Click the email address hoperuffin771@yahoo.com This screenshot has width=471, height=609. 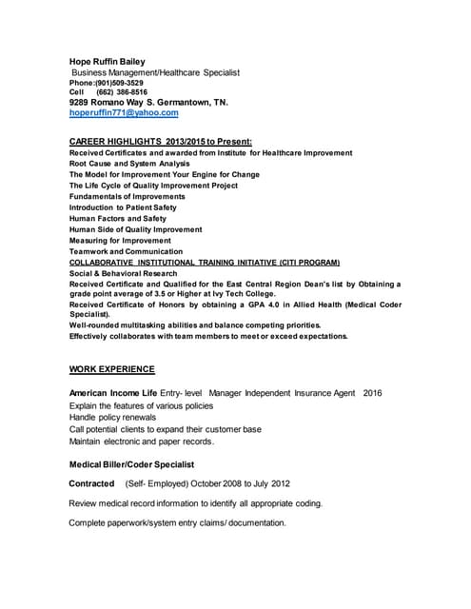click(124, 112)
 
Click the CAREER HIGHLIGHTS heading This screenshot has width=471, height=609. click(160, 141)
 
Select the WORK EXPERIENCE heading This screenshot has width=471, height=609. click(111, 369)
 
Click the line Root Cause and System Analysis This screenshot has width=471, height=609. click(129, 164)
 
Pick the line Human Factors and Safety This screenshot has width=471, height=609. click(117, 218)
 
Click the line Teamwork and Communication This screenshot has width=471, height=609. click(128, 251)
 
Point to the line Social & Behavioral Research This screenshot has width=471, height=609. click(123, 273)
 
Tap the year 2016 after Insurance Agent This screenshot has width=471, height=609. click(372, 392)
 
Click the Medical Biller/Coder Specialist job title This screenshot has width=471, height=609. click(131, 464)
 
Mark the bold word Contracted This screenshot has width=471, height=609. click(91, 483)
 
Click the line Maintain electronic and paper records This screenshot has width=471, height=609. click(142, 442)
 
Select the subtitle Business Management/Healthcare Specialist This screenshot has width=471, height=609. click(156, 72)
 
